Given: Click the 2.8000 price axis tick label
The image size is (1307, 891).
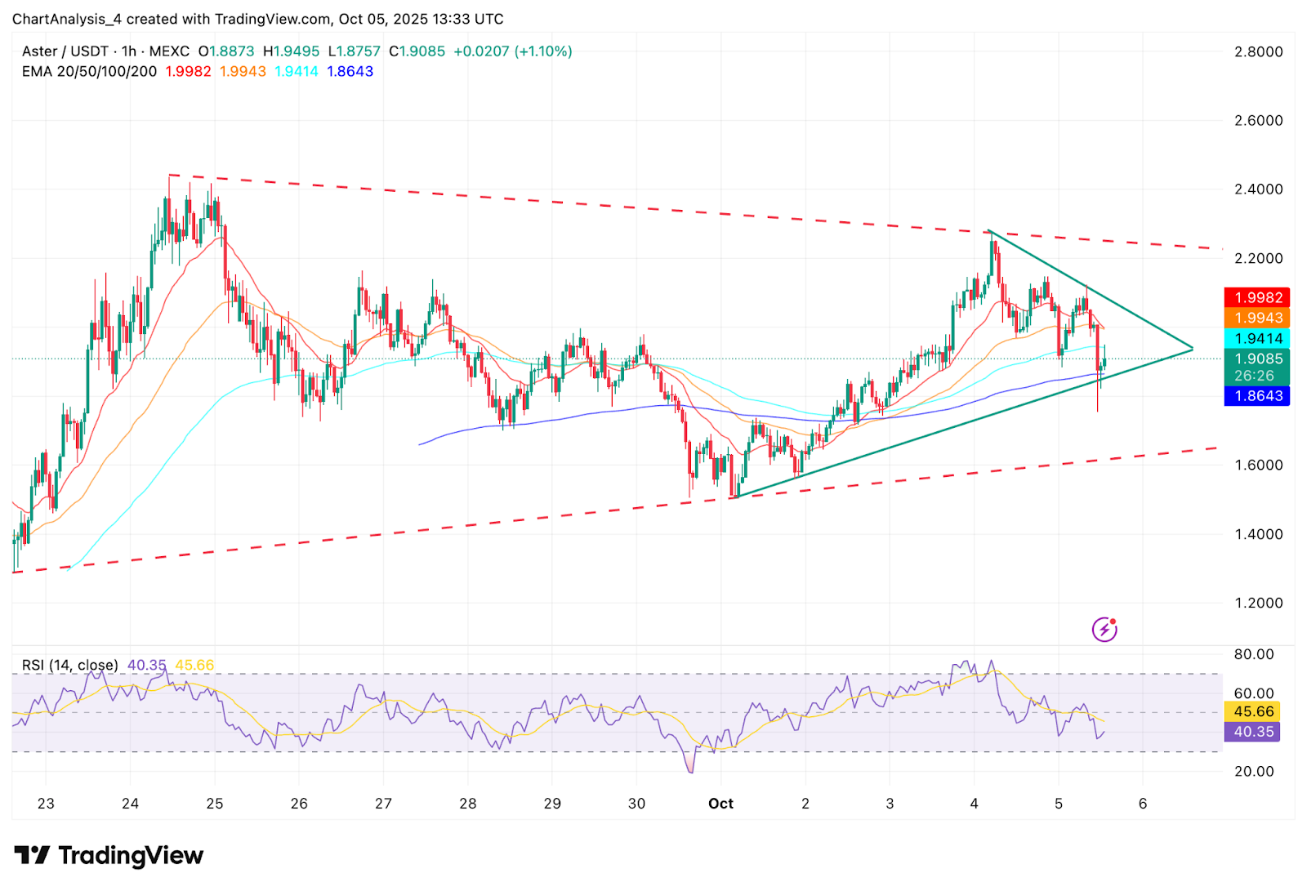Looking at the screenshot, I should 1258,51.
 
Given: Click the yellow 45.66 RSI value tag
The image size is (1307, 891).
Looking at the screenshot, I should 1253,712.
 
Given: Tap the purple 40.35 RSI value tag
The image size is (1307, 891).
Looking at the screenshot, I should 1253,732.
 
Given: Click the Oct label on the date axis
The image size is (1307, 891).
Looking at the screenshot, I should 720,804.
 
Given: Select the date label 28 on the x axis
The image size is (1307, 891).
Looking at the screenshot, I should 468,804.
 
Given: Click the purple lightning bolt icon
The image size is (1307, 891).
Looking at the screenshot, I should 1104,630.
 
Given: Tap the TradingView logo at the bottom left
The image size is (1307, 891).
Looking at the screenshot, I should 109,856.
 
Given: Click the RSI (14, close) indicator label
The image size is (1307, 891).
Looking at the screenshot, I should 69,666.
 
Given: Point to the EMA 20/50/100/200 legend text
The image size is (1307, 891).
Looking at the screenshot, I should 89,72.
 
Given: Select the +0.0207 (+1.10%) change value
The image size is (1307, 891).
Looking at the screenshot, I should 513,51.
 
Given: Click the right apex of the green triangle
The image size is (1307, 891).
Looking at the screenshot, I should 1193,350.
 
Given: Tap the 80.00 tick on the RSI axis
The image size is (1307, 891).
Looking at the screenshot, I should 1253,654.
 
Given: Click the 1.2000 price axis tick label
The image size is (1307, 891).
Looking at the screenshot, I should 1258,604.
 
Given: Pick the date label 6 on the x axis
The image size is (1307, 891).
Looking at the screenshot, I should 1143,804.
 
